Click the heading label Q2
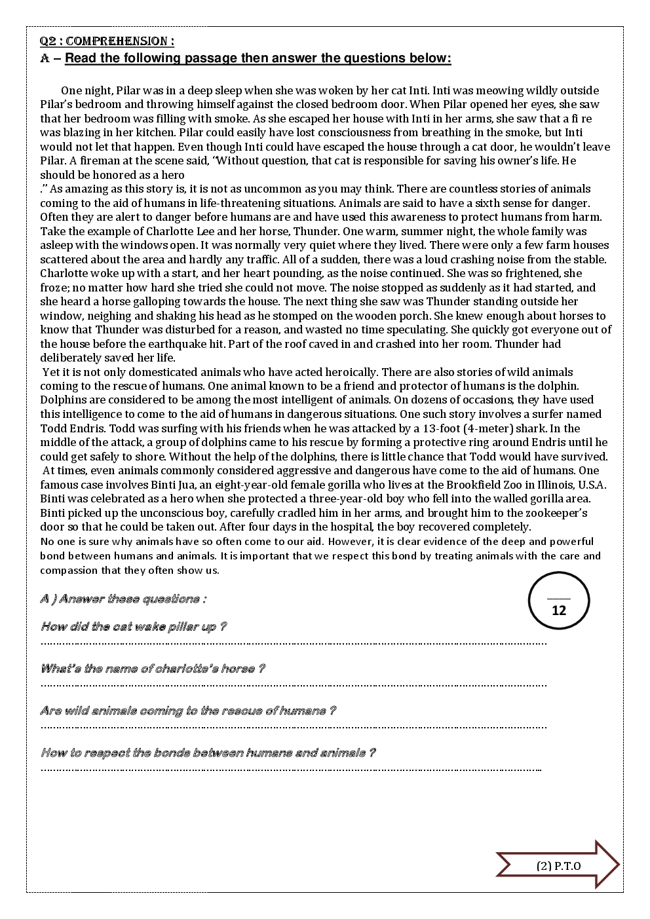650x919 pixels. click(x=48, y=41)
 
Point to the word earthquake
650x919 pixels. click(x=330, y=344)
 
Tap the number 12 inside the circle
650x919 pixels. click(x=559, y=610)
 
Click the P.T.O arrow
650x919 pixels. click(x=558, y=866)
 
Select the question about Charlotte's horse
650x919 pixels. click(x=152, y=669)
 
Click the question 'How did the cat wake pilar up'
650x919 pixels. click(x=133, y=627)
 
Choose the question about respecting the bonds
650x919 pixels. click(x=208, y=753)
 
